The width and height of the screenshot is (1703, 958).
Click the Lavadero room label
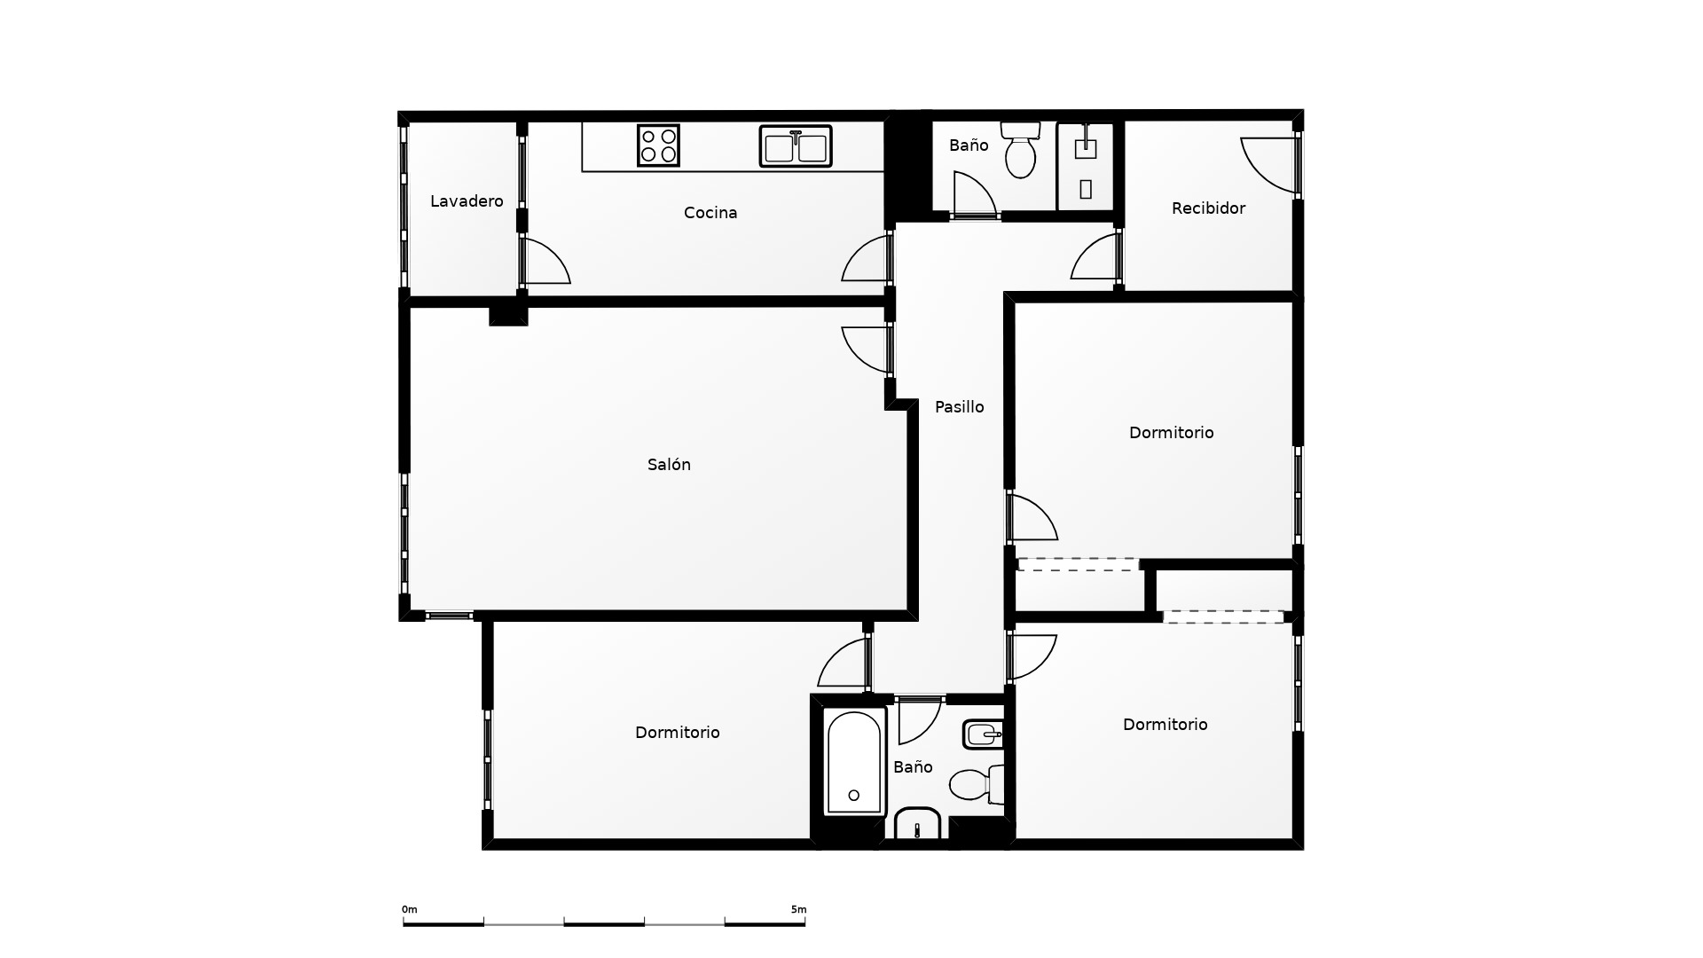click(x=467, y=201)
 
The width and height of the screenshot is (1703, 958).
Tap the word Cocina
click(x=710, y=213)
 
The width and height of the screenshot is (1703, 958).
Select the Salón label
click(x=669, y=465)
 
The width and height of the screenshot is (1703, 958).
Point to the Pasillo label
click(x=960, y=407)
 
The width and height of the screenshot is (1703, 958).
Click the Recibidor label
click(x=1208, y=208)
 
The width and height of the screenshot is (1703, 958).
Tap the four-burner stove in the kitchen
click(x=658, y=145)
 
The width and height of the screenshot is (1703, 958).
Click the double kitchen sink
click(x=796, y=146)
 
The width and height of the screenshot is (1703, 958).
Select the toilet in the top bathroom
click(x=1020, y=149)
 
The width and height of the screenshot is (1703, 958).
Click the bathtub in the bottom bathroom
click(x=854, y=762)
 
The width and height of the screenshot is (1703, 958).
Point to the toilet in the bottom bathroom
click(x=977, y=784)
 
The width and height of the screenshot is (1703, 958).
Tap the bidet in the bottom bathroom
click(x=983, y=734)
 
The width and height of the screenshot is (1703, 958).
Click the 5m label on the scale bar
click(x=798, y=909)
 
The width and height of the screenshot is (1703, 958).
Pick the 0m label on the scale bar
click(x=409, y=909)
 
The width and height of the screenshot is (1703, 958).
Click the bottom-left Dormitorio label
click(x=678, y=733)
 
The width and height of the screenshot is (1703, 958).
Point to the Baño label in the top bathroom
click(x=969, y=145)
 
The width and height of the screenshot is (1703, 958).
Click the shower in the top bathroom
click(x=1086, y=167)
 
